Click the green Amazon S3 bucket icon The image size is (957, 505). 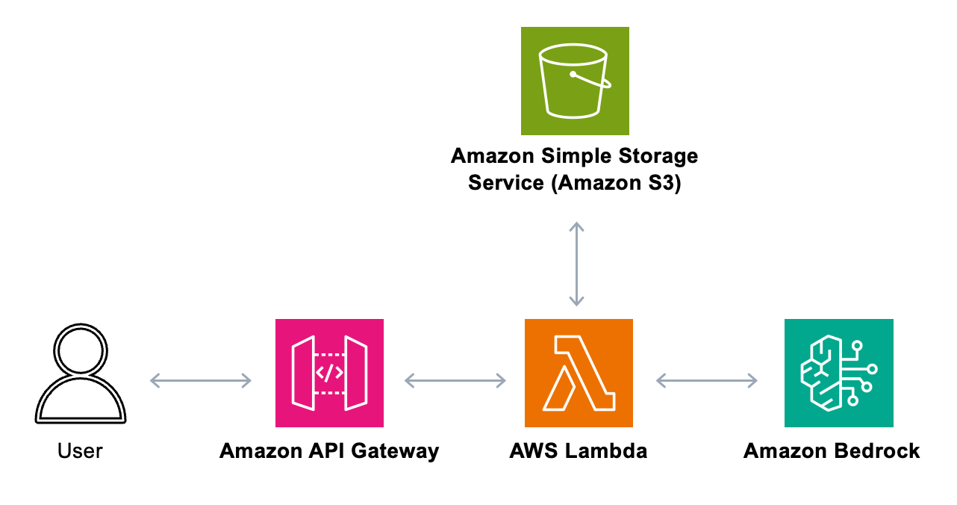tap(575, 81)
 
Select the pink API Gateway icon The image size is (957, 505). tap(329, 373)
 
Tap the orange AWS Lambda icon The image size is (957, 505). tap(579, 373)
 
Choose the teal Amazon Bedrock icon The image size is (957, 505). tap(838, 373)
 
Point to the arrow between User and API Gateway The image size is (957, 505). tap(201, 381)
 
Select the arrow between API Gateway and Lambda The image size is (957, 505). tap(455, 381)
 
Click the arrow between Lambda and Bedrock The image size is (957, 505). tap(707, 381)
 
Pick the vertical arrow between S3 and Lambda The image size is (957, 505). tap(576, 264)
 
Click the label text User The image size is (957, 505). tap(80, 451)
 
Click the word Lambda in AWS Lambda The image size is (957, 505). tap(605, 451)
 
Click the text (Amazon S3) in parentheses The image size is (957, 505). tap(616, 182)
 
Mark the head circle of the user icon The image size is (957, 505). tap(80, 350)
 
